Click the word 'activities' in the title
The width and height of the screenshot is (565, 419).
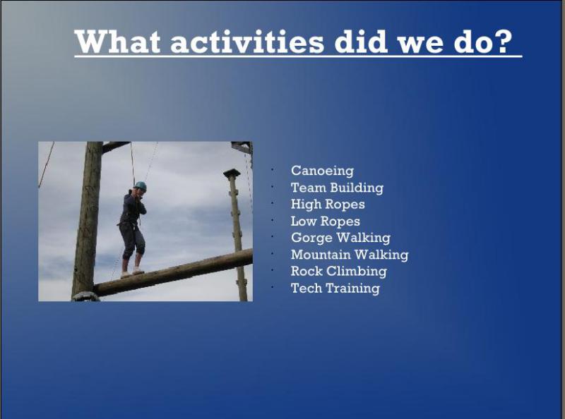tap(247, 42)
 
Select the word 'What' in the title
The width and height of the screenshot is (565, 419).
tap(117, 42)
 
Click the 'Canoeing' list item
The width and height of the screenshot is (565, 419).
tap(322, 171)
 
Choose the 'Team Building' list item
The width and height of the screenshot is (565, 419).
tap(337, 188)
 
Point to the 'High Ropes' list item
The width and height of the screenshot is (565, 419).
tap(328, 205)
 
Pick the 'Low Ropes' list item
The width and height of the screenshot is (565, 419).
tap(325, 221)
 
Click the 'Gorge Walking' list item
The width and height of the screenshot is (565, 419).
tap(340, 238)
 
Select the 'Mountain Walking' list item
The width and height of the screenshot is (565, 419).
tap(350, 255)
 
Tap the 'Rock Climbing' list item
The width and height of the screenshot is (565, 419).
tap(338, 271)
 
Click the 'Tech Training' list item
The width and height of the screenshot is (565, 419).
tap(335, 288)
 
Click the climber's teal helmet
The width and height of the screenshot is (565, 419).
tap(141, 186)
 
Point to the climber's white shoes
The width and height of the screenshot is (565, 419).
tap(132, 272)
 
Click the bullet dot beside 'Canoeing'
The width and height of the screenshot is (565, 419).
tap(273, 170)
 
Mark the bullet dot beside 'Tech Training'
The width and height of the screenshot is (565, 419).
tap(273, 287)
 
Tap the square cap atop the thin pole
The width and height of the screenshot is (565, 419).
tap(232, 173)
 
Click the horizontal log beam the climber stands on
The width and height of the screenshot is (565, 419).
tap(173, 272)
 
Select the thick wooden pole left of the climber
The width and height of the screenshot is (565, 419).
tap(87, 219)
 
